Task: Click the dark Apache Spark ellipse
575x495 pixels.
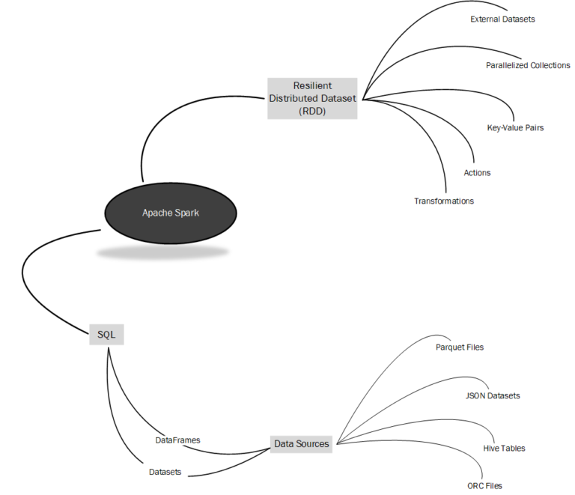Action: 171,213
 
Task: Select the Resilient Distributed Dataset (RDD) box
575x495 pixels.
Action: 312,98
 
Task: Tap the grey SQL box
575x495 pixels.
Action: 106,335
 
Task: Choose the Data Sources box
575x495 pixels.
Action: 301,444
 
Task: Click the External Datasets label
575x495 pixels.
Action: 502,19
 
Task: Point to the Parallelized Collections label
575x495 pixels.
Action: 528,65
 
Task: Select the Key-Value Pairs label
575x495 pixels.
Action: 515,127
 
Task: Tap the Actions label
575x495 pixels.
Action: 477,173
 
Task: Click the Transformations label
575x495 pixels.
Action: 444,201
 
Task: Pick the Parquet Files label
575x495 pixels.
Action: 460,347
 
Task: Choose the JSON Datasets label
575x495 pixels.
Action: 492,395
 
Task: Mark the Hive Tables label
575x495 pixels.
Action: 504,448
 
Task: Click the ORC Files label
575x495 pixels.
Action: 484,485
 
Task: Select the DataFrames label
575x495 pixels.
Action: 177,440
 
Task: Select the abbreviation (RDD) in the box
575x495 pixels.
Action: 312,111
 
